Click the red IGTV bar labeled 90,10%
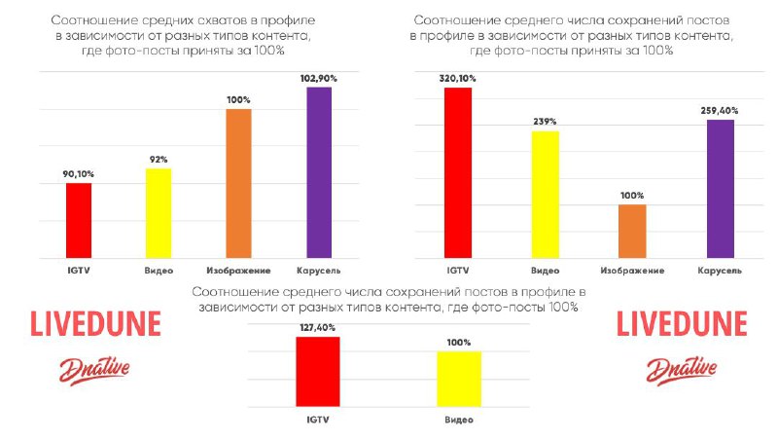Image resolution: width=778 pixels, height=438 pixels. click(79, 221)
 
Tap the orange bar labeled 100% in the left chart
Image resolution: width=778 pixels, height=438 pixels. click(239, 184)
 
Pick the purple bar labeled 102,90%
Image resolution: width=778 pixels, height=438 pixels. click(319, 172)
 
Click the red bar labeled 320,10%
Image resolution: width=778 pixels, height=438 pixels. click(457, 173)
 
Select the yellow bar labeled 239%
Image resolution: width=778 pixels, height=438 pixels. click(545, 195)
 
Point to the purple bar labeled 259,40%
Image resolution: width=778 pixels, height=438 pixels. click(720, 189)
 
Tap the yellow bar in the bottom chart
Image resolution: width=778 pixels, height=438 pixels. click(460, 379)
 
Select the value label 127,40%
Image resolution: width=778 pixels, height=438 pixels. click(318, 328)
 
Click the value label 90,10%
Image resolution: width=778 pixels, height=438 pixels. click(79, 174)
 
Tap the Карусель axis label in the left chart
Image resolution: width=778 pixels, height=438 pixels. click(319, 270)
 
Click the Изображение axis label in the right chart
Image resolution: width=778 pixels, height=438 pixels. click(632, 270)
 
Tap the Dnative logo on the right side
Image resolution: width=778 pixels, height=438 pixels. click(682, 367)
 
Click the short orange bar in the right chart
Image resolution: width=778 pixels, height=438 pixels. click(632, 232)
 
